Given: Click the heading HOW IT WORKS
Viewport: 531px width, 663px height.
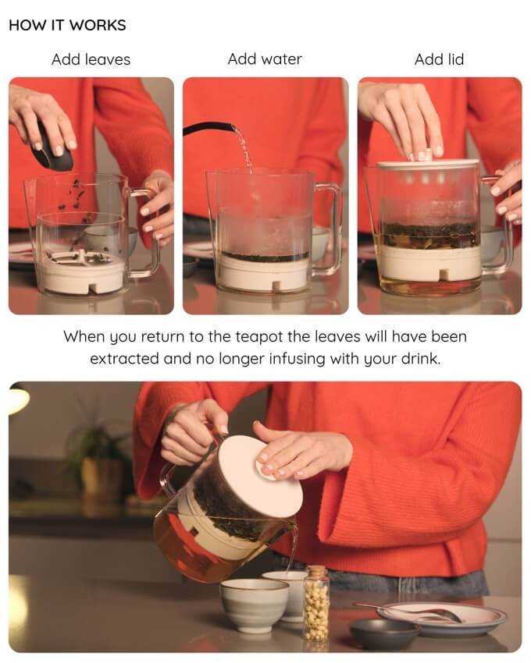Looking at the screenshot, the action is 67,25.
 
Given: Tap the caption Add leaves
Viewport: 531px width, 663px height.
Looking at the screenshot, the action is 91,59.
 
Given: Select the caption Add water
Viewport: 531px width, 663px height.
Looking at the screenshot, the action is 265,59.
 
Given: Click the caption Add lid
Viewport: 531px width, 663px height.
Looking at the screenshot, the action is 439,59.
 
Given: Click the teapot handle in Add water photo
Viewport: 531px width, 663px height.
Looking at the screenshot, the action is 330,229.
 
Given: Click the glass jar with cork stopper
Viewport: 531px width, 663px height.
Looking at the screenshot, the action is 316,602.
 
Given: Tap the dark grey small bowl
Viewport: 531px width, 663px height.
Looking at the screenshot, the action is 383,633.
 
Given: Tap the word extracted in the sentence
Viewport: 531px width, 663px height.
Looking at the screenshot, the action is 124,359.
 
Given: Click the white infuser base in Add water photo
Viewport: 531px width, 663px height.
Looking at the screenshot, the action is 264,273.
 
